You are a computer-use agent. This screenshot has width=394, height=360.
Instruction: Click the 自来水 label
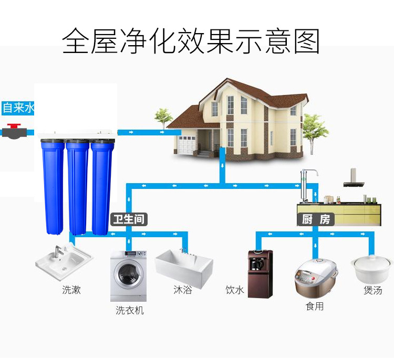point(18,108)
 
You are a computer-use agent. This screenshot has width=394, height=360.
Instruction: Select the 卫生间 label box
point(129,219)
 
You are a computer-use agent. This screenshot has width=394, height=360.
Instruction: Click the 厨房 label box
point(316,219)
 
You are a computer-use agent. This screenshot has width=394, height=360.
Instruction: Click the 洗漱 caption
point(72,289)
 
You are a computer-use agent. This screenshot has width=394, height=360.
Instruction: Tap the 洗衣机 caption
point(129,310)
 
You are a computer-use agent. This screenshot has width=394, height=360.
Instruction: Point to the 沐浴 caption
point(182,289)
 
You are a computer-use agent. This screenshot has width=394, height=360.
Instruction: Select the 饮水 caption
point(235,290)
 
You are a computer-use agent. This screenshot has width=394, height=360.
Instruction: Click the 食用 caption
point(315,306)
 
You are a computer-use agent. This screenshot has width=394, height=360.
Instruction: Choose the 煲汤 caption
point(372,290)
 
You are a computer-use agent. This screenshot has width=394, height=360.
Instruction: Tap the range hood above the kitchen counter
point(353,179)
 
